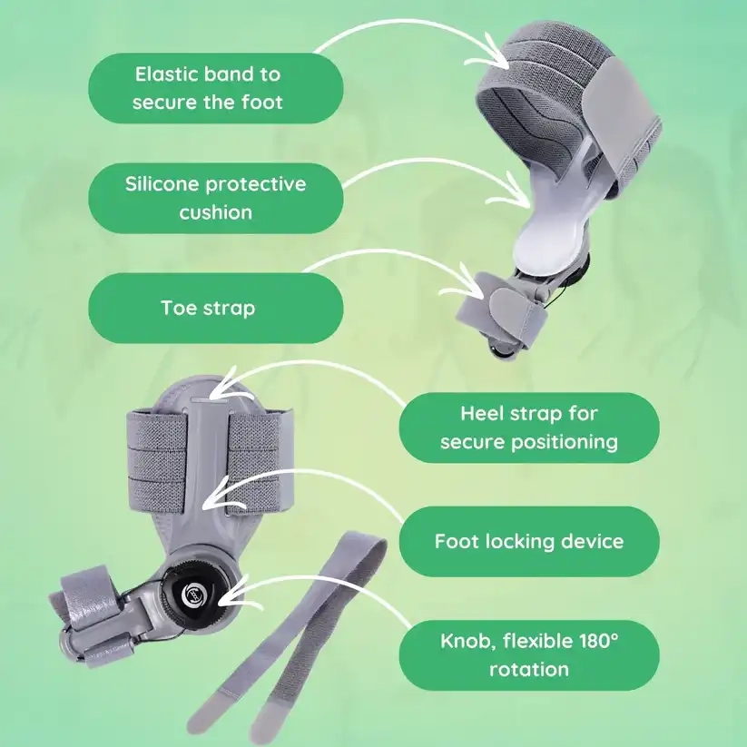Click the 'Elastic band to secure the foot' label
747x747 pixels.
click(x=216, y=88)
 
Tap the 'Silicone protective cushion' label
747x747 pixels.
click(x=216, y=198)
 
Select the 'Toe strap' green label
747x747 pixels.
click(x=216, y=309)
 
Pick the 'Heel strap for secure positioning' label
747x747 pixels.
click(x=529, y=428)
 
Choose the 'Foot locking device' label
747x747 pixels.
click(x=529, y=541)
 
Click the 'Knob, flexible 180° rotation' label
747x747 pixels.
click(x=529, y=655)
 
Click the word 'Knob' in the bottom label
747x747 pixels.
click(x=466, y=641)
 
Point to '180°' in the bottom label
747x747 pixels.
click(x=599, y=641)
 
